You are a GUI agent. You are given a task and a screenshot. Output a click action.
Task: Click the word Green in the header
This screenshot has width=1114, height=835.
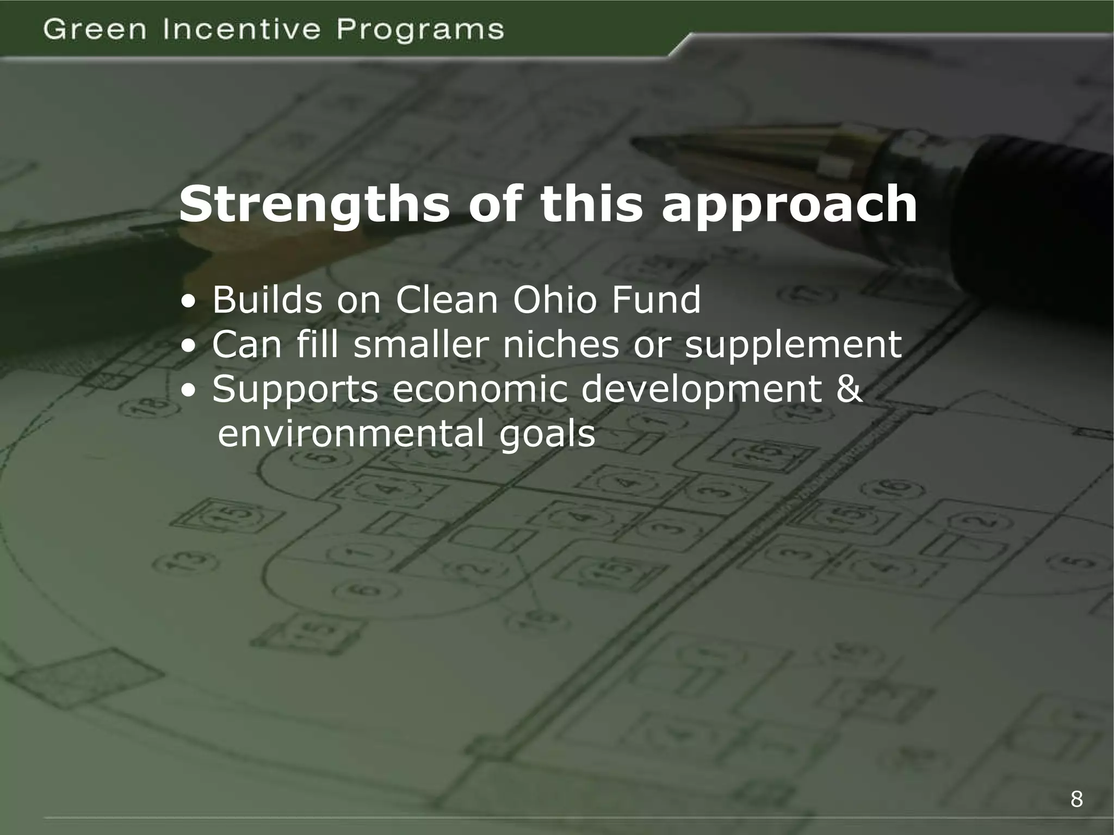click(x=95, y=29)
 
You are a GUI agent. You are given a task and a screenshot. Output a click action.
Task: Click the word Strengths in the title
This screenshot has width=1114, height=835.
click(x=315, y=205)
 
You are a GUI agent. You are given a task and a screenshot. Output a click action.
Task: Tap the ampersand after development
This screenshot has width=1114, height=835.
click(x=849, y=389)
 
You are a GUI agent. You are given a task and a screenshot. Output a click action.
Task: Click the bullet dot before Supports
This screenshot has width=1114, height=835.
click(x=188, y=391)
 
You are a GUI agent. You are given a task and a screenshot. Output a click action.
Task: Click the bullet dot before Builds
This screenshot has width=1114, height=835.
click(x=188, y=302)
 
